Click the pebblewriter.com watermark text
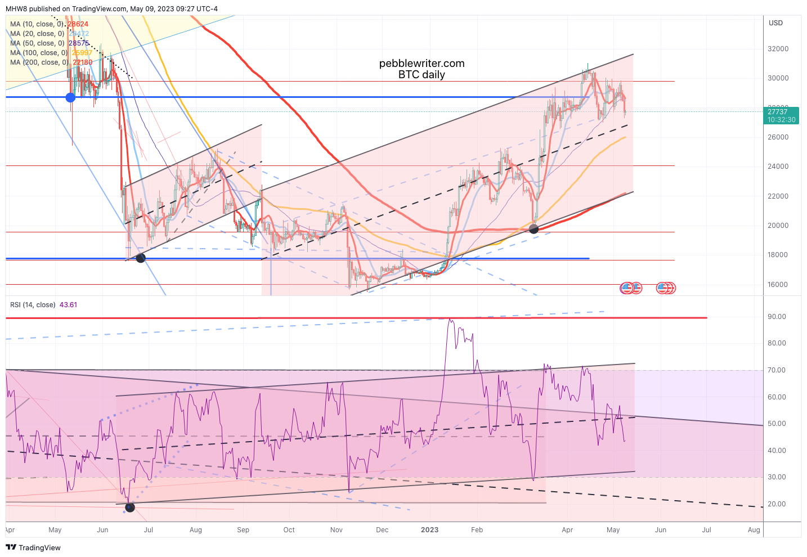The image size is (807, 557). tap(422, 64)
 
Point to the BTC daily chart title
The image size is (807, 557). tap(422, 75)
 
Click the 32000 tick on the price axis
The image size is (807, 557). tap(778, 49)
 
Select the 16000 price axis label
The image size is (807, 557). tap(778, 285)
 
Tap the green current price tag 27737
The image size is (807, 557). tap(782, 115)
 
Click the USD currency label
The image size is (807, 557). tap(775, 23)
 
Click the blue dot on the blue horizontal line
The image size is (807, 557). tap(70, 97)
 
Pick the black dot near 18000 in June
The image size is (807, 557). tap(141, 258)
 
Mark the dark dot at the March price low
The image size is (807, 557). tap(534, 228)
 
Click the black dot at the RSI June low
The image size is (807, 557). tap(130, 507)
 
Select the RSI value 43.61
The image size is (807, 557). tap(68, 305)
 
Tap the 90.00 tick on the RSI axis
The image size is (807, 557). tap(777, 317)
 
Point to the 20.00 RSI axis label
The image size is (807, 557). tap(777, 504)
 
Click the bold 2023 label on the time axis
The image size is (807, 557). tap(429, 530)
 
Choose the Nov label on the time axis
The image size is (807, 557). tap(336, 530)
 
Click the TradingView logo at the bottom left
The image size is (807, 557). tap(33, 547)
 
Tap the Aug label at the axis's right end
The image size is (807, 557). tap(754, 530)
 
